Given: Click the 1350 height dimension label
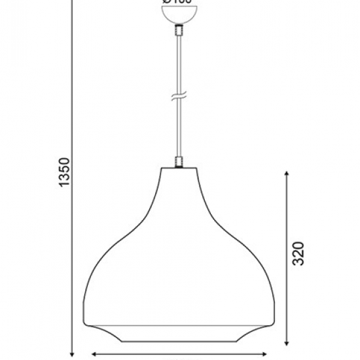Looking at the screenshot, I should point(63,171).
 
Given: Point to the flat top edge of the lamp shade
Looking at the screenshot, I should point(177,168).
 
